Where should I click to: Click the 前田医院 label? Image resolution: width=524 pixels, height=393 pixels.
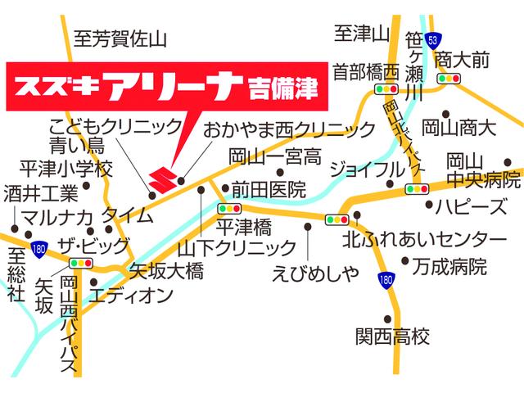point(269,189)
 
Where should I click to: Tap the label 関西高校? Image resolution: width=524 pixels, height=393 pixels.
point(391,336)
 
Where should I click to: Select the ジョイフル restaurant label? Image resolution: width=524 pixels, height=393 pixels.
point(367,169)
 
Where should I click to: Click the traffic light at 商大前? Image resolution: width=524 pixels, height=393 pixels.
point(449,79)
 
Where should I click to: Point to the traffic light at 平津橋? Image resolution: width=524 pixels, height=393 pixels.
point(230,209)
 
